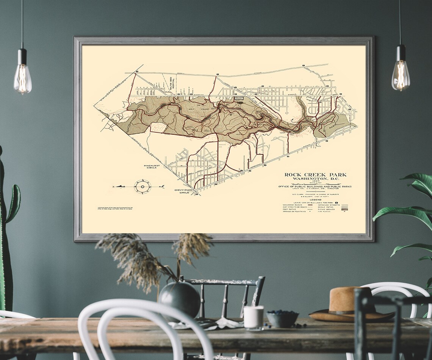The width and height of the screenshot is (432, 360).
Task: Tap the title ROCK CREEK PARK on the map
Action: pyautogui.click(x=315, y=175)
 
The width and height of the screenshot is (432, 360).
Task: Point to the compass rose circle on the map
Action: pyautogui.click(x=142, y=186)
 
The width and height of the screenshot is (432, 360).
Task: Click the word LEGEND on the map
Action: pyautogui.click(x=315, y=199)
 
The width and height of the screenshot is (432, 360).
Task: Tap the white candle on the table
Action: pyautogui.click(x=253, y=316)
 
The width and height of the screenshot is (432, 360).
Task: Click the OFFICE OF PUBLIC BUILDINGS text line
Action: pyautogui.click(x=315, y=186)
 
